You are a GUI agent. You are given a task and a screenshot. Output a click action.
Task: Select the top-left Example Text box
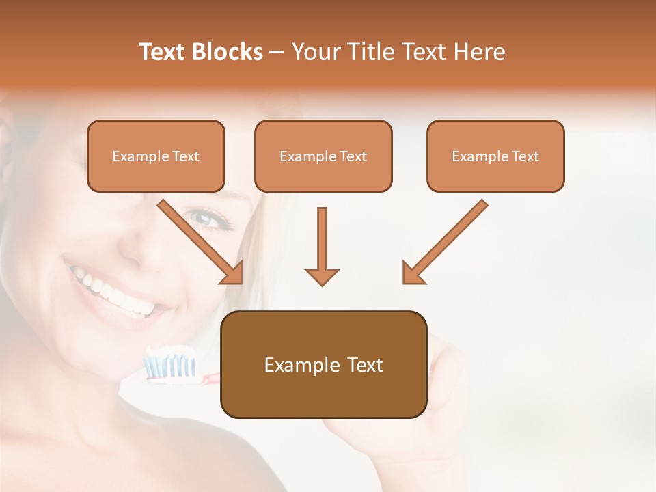(156, 156)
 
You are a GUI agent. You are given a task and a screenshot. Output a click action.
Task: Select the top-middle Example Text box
(323, 156)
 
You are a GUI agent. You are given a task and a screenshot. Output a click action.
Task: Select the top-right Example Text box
(495, 156)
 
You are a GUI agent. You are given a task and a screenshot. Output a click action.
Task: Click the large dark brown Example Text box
(323, 364)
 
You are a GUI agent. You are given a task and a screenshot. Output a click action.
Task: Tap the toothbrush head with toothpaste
(169, 362)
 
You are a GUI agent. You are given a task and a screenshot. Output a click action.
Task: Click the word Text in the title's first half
(163, 52)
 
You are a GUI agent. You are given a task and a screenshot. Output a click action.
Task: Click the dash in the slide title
(277, 52)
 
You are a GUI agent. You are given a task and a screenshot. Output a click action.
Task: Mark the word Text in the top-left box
(186, 156)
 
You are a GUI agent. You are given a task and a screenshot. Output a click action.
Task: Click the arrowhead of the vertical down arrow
(322, 276)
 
